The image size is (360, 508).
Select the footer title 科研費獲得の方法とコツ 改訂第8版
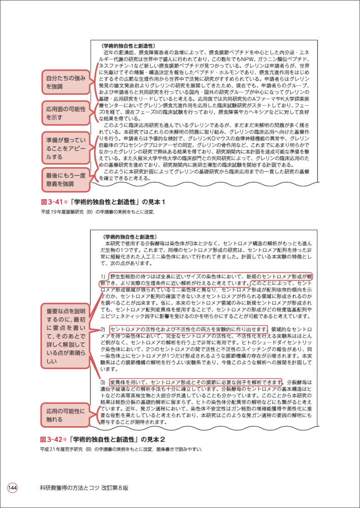84,488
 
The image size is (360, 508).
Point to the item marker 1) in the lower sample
103,276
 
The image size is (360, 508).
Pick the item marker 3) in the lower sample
103,382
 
